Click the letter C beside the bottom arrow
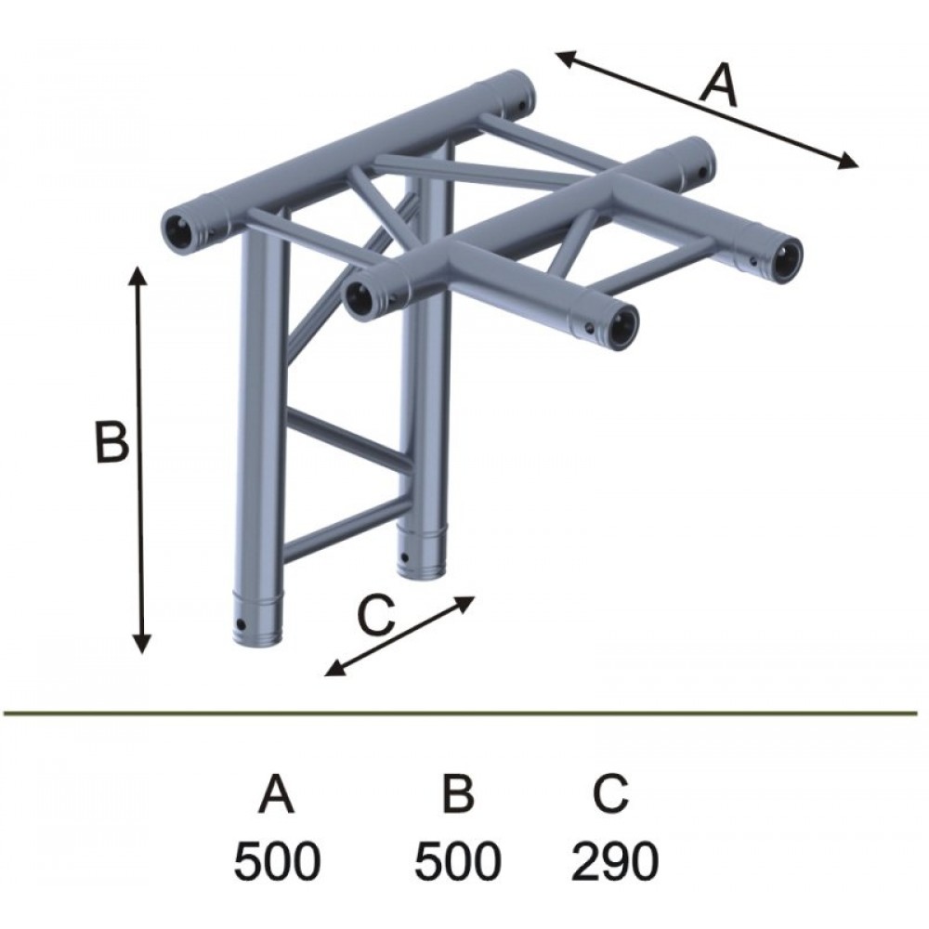click(377, 616)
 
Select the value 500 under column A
click(277, 861)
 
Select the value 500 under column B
click(457, 861)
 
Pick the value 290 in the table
click(614, 861)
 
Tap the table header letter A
click(276, 794)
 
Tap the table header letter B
click(459, 794)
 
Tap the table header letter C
click(611, 794)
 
